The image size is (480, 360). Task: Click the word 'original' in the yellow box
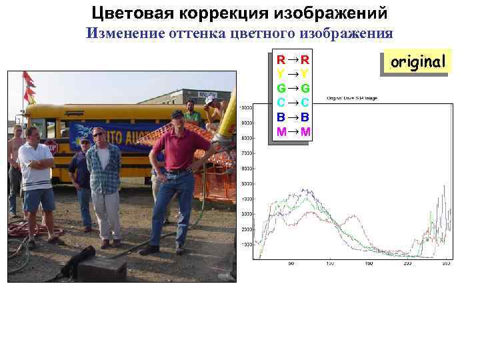[x=418, y=62]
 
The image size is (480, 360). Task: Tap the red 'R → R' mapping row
[x=293, y=59]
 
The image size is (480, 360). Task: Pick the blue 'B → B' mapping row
[x=293, y=117]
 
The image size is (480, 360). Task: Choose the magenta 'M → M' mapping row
[x=293, y=131]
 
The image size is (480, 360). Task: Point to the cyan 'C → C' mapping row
[x=293, y=102]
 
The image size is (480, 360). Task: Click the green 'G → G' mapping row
[x=293, y=88]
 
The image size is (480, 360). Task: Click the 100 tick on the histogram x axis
[x=329, y=264]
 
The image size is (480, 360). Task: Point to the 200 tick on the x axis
[x=408, y=264]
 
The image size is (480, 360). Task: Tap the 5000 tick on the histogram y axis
[x=246, y=183]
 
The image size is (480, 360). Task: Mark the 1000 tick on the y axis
[x=246, y=245]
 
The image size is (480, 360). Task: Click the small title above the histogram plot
[x=351, y=98]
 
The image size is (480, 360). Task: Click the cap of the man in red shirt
[x=177, y=114]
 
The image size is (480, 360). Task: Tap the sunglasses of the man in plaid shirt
[x=99, y=135]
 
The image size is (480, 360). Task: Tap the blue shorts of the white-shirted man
[x=39, y=199]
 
